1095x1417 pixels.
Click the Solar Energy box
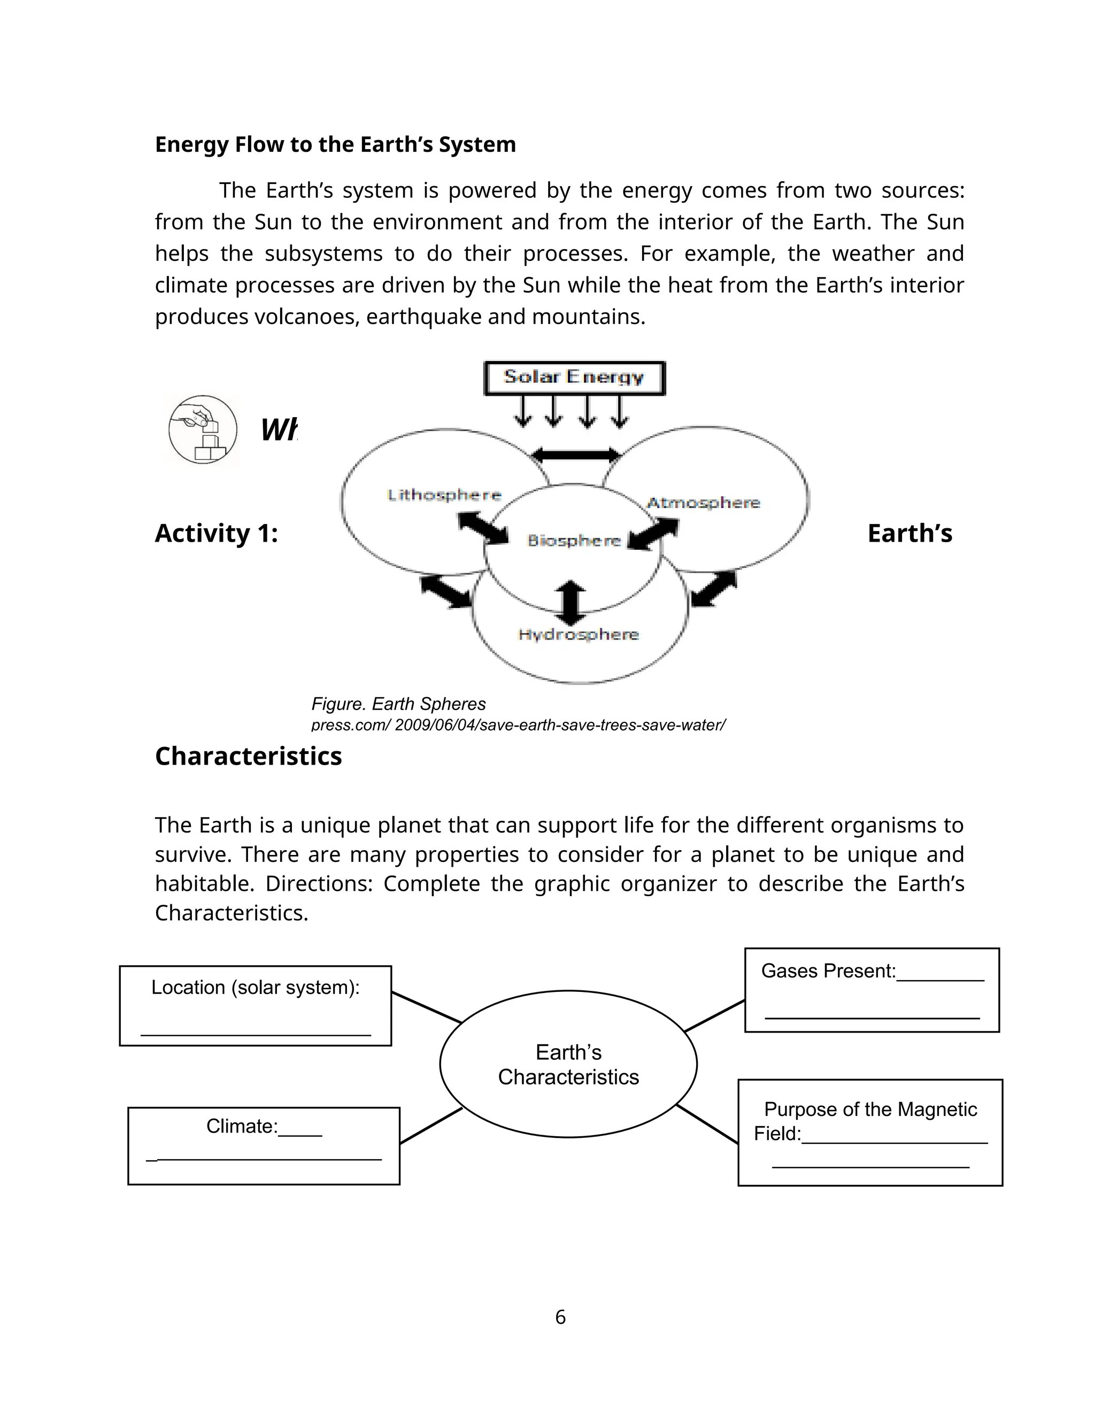pos(574,378)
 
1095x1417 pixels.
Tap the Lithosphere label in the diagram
pos(444,495)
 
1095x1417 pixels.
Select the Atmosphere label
pos(703,503)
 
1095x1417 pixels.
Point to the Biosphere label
pos(574,541)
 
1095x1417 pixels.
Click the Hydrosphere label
pos(579,635)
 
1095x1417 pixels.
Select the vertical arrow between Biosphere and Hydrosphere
pos(571,602)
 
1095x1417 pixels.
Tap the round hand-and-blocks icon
pos(203,429)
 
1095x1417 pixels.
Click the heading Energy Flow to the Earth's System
pos(335,144)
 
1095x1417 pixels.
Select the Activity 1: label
pos(216,533)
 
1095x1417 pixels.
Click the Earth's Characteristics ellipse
pos(568,1064)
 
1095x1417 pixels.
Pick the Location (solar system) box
pos(255,1006)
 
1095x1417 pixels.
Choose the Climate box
pos(264,1146)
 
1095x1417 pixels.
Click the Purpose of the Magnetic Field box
pos(870,1132)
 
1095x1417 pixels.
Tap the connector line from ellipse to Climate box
pos(431,1126)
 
